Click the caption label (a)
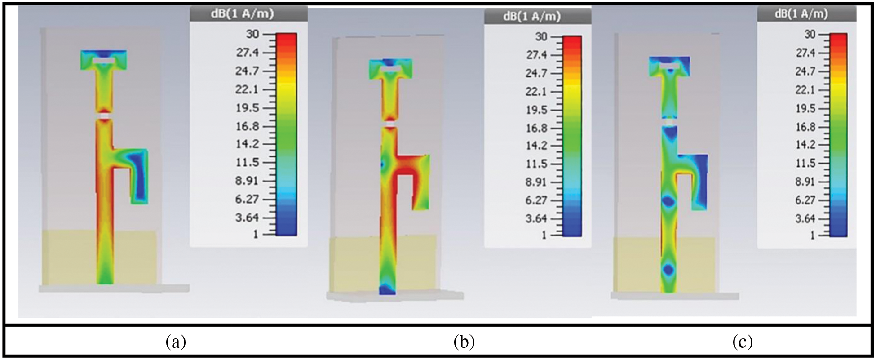[x=176, y=342]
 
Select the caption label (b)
[x=464, y=342]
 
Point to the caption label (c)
[x=743, y=342]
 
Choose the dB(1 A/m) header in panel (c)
[x=801, y=14]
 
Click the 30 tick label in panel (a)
[x=252, y=34]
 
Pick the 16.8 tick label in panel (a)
[x=248, y=126]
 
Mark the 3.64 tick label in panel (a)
[x=248, y=218]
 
